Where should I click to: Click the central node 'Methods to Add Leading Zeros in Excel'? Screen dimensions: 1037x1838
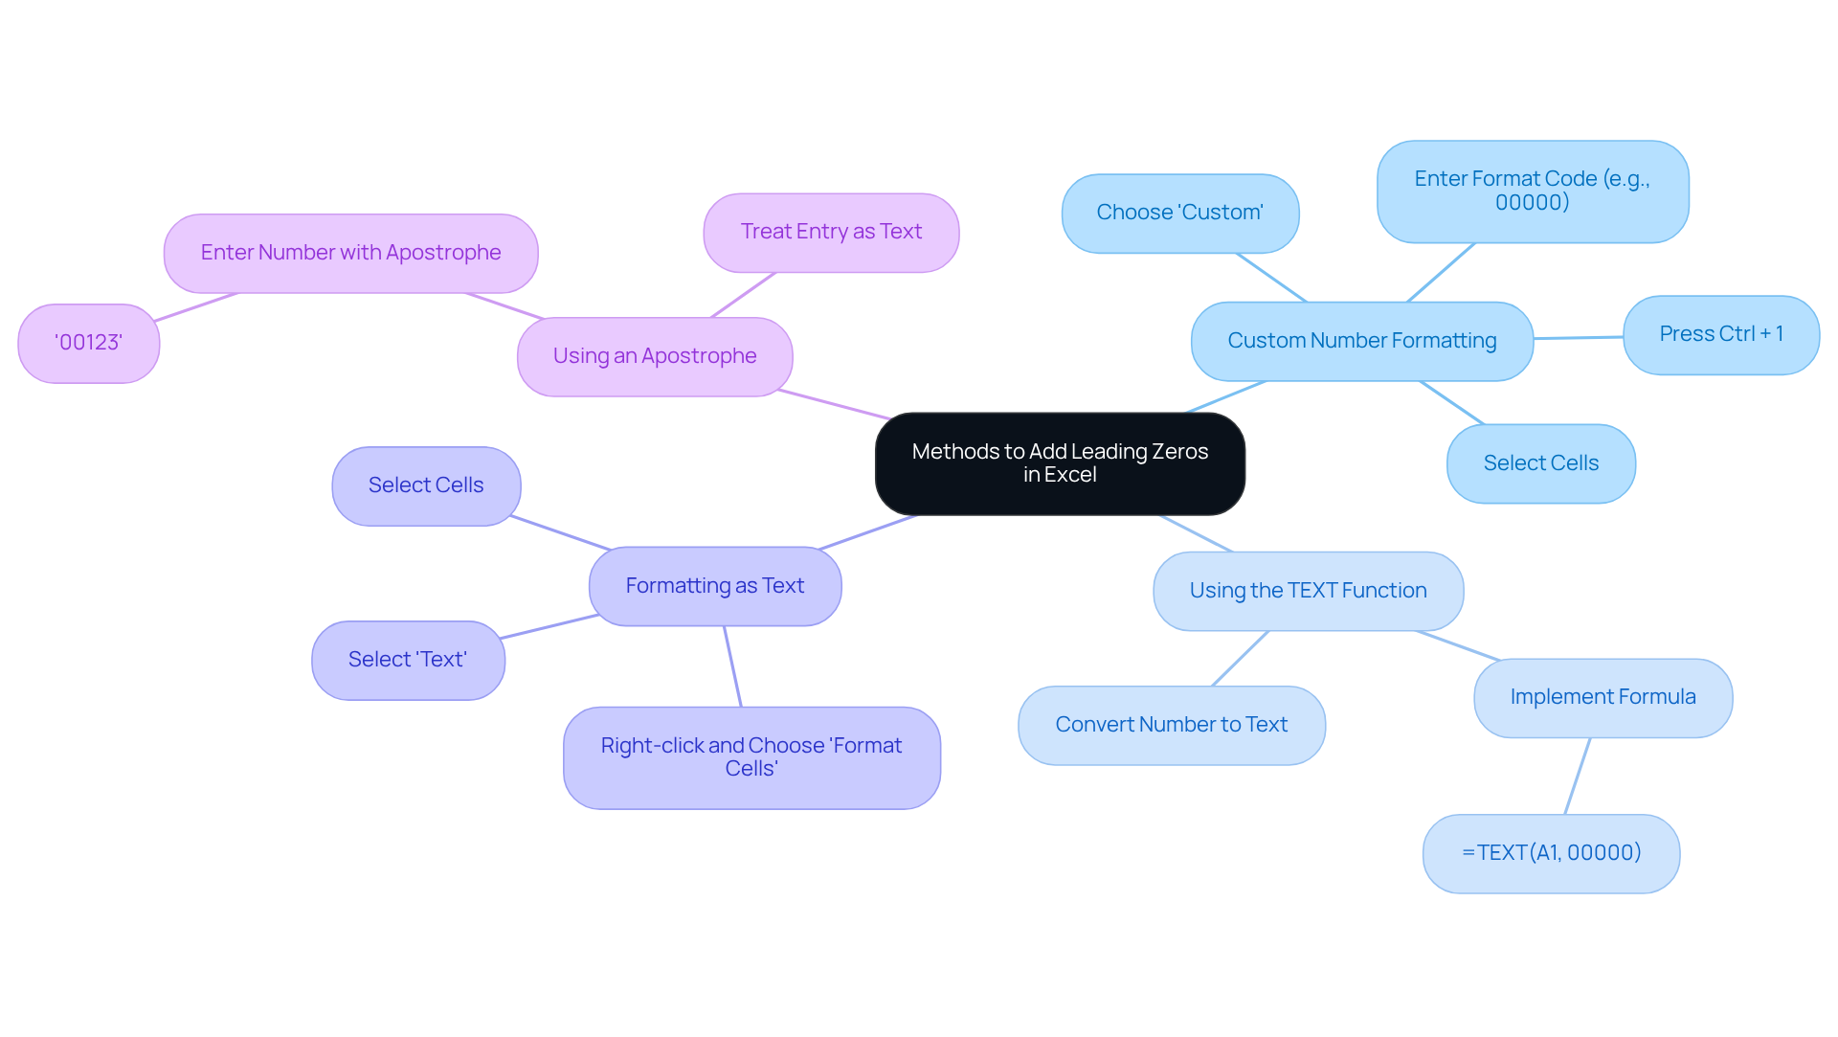[x=1060, y=463]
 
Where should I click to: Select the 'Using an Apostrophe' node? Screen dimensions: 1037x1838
[x=655, y=356]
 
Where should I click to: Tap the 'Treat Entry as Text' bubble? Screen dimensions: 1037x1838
[x=831, y=233]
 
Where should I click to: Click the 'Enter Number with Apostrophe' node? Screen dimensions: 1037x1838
[x=350, y=253]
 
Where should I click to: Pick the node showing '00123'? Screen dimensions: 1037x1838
[x=88, y=343]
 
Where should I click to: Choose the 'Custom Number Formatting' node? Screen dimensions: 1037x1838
[x=1361, y=341]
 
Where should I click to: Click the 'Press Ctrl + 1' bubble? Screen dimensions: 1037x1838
[x=1720, y=334]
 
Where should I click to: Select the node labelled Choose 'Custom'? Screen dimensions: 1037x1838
[x=1179, y=213]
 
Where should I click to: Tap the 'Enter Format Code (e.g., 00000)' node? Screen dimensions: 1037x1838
[x=1532, y=191]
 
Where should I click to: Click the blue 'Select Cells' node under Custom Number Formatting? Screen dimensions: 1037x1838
[x=1540, y=463]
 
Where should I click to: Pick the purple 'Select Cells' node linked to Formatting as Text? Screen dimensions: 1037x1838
[x=426, y=485]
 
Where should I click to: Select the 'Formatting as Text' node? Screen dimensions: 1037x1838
[x=714, y=586]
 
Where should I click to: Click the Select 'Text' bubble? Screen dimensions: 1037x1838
[x=408, y=660]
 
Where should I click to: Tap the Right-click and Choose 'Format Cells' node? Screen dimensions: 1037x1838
[x=751, y=757]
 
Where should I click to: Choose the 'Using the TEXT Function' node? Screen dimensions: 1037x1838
[x=1308, y=591]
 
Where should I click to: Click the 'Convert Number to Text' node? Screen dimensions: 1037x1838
[x=1171, y=725]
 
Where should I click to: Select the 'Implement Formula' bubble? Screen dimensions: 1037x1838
[x=1603, y=697]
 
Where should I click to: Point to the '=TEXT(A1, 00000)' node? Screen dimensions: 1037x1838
[x=1551, y=853]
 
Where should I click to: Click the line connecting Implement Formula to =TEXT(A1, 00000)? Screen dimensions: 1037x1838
[x=1578, y=776]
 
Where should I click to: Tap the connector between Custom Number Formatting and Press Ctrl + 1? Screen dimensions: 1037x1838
[x=1578, y=337]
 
